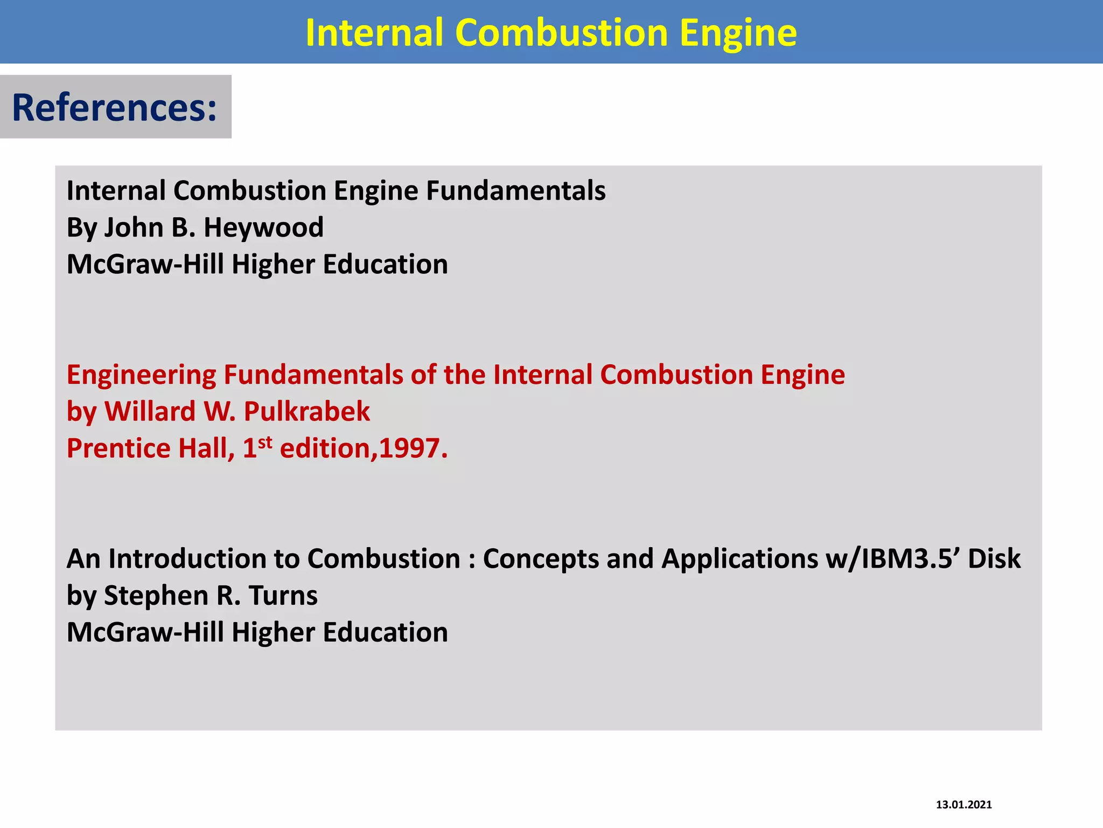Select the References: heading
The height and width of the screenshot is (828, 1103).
[114, 107]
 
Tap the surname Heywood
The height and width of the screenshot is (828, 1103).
[263, 227]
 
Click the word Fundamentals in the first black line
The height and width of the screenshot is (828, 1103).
[515, 191]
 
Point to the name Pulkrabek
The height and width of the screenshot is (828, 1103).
[306, 412]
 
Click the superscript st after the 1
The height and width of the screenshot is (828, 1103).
[265, 443]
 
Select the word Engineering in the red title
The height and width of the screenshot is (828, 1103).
[141, 375]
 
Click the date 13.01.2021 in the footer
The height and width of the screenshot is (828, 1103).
[964, 805]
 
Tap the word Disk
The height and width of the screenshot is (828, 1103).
[994, 559]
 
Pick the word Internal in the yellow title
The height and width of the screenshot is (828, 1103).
[374, 33]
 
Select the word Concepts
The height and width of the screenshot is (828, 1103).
[541, 559]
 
